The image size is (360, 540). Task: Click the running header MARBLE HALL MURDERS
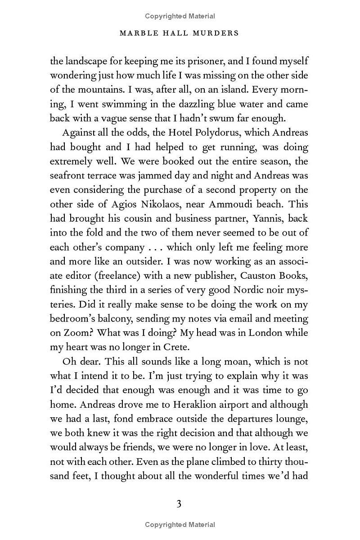pos(180,33)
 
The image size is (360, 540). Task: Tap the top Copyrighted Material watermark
pos(180,16)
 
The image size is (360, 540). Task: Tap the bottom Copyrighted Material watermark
pos(180,524)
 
